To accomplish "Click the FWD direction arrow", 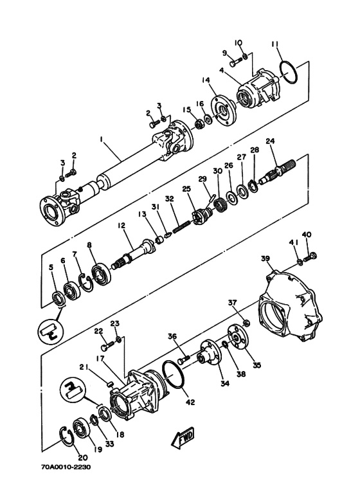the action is pos(183,438).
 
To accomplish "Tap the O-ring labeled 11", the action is pos(289,73).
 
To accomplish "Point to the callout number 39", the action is pos(265,258).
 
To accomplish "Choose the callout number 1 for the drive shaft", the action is pos(102,139).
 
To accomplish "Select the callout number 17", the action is pos(100,359).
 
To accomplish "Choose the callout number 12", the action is pos(122,226).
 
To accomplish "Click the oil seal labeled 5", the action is pos(58,299).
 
